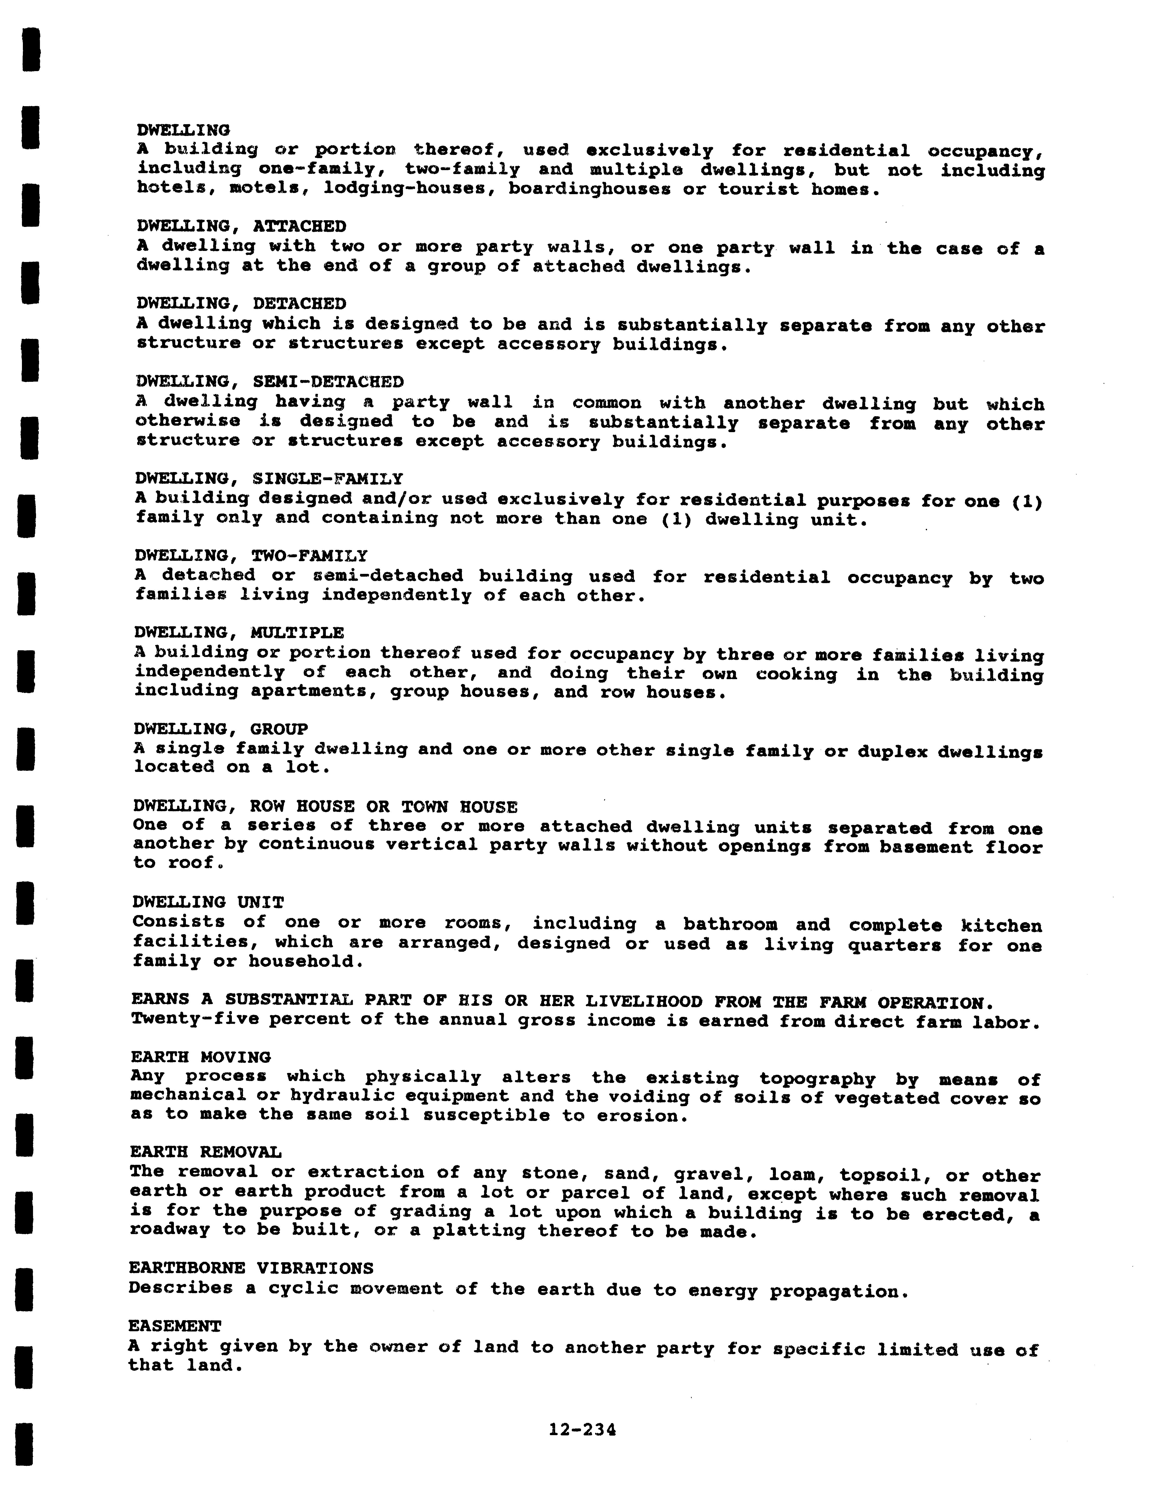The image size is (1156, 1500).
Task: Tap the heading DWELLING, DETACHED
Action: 241,304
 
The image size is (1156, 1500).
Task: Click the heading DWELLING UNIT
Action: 208,902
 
